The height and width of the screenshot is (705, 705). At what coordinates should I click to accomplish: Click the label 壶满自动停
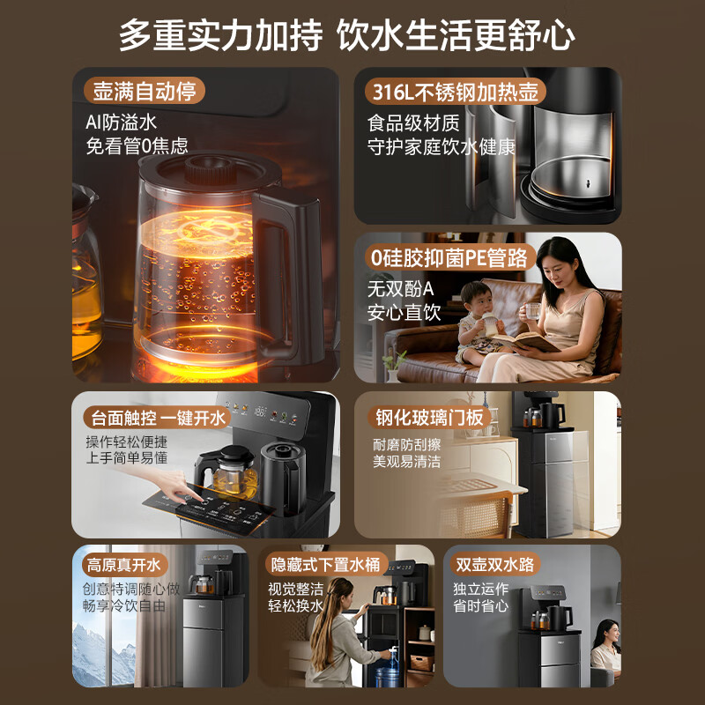(x=145, y=92)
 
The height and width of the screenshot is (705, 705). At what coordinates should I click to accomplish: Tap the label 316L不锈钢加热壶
(x=455, y=92)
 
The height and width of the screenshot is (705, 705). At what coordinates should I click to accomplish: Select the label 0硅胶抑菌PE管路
(x=449, y=257)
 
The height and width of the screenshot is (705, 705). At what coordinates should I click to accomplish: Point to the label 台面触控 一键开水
(x=158, y=418)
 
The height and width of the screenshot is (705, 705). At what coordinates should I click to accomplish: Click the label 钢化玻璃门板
(x=429, y=417)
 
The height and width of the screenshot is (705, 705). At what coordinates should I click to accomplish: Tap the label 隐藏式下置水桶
(x=324, y=564)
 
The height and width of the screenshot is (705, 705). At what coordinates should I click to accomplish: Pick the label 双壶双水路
(x=494, y=564)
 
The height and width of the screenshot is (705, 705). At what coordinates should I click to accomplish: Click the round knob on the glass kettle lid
(x=211, y=169)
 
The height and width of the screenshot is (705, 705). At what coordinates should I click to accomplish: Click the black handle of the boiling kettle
(x=288, y=274)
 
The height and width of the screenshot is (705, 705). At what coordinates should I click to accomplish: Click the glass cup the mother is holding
(x=532, y=311)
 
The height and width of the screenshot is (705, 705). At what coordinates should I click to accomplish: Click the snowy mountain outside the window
(x=102, y=652)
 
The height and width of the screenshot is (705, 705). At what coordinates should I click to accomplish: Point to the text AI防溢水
(x=121, y=122)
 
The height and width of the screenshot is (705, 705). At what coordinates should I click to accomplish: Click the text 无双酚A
(x=400, y=289)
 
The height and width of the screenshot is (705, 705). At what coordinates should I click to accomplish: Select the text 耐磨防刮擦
(x=406, y=444)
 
